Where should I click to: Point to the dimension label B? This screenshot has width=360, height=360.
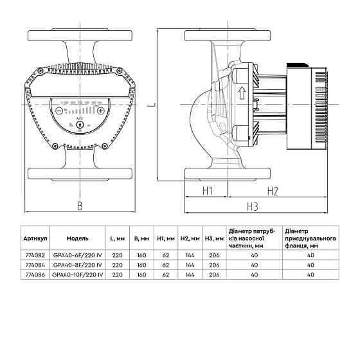80,206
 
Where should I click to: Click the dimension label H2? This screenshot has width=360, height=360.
272,191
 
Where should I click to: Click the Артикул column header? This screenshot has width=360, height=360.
35,237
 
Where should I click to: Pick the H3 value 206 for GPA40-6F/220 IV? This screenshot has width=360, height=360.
209,255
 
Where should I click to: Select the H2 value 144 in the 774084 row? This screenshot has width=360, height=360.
188,264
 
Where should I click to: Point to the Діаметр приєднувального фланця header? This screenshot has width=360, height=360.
310,237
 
